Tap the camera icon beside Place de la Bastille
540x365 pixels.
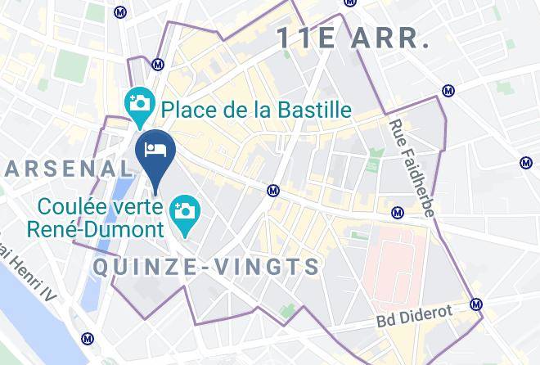140,104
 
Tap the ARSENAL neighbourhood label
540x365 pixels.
69,169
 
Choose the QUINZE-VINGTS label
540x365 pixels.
206,266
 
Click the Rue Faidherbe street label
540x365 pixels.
412,169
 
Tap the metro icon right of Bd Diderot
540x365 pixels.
476,304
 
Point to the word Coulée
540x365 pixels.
74,207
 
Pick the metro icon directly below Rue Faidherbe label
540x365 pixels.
398,213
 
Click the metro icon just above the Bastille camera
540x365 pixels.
158,63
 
